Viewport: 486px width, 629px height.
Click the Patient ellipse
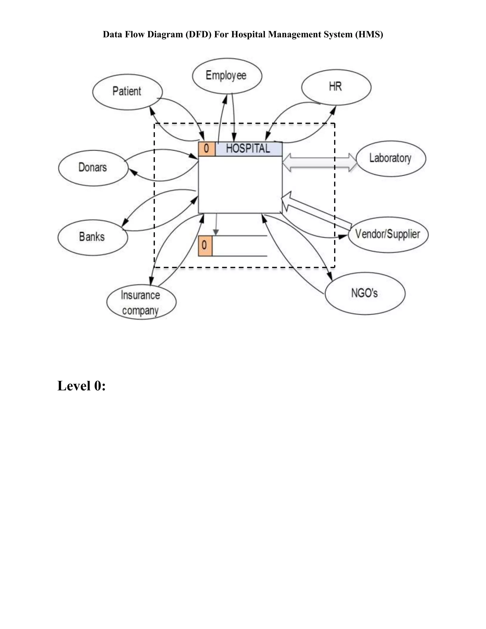point(127,92)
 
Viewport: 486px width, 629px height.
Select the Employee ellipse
point(227,76)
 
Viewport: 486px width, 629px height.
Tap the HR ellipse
point(336,87)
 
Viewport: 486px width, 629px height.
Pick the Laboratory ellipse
point(391,158)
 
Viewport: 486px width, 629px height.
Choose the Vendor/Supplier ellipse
point(388,235)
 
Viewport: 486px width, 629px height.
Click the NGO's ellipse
point(365,293)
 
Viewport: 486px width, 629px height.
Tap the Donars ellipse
point(93,168)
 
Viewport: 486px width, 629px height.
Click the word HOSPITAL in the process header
point(248,149)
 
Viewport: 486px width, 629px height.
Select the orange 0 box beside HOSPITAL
point(206,149)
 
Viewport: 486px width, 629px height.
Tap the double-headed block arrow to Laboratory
point(319,163)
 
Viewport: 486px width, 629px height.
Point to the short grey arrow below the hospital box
point(216,224)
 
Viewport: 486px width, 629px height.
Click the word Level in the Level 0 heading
point(74,386)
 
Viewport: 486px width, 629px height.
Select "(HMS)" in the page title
point(369,35)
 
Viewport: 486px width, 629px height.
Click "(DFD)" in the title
point(198,35)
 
